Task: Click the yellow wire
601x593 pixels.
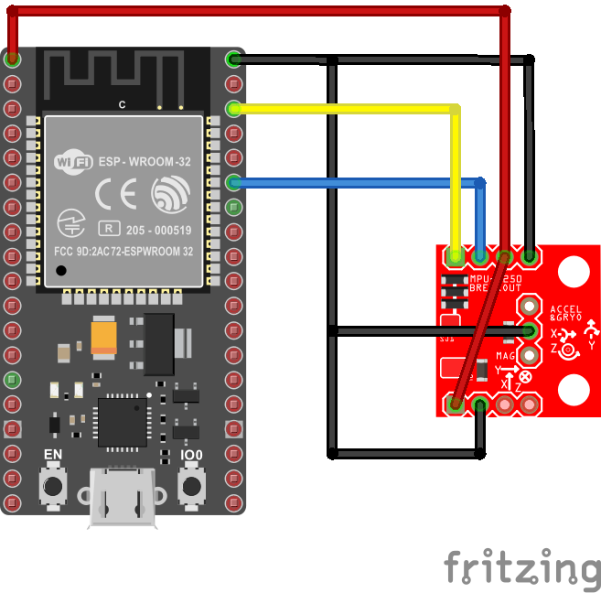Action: coord(348,110)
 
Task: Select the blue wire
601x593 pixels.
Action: coord(357,182)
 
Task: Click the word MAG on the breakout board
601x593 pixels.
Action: coord(507,356)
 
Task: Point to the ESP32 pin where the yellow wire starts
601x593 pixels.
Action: coord(234,110)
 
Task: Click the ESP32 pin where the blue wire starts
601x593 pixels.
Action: coord(234,182)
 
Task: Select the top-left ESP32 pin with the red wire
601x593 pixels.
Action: coord(12,59)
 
